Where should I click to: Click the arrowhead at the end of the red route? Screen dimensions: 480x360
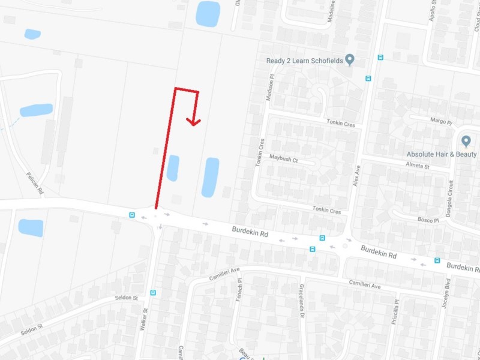coord(193,121)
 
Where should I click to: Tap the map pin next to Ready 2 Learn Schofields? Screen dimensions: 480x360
coord(351,60)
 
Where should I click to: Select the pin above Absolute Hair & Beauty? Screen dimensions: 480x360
coord(466,142)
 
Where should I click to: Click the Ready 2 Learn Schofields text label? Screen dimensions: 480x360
coord(305,61)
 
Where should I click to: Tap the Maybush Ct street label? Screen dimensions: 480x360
coord(283,161)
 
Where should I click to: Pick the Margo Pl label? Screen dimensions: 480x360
coord(441,121)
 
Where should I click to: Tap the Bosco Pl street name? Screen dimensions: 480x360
coord(428,221)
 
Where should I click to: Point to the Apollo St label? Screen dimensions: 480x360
coord(432,12)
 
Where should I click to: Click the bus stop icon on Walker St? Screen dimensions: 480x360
coord(153,293)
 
